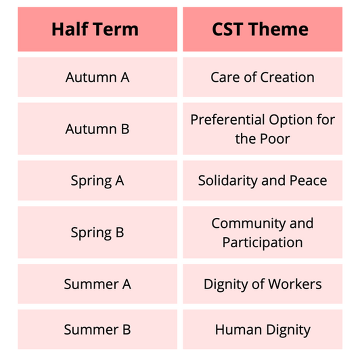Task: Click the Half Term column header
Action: (x=95, y=29)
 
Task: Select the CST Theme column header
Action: (x=260, y=29)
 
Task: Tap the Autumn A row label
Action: (x=97, y=77)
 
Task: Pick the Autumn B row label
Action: (x=97, y=129)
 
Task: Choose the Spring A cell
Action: (x=97, y=180)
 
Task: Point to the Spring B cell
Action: (x=97, y=232)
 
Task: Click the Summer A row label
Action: (x=97, y=284)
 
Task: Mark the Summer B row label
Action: (x=97, y=329)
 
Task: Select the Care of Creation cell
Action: (x=262, y=77)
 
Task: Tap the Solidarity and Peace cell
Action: (x=262, y=180)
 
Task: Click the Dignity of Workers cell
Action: (x=262, y=284)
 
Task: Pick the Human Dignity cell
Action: (x=262, y=330)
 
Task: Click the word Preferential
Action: (x=228, y=120)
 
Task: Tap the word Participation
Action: (x=262, y=243)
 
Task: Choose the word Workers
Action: (x=295, y=284)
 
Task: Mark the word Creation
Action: (x=287, y=77)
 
